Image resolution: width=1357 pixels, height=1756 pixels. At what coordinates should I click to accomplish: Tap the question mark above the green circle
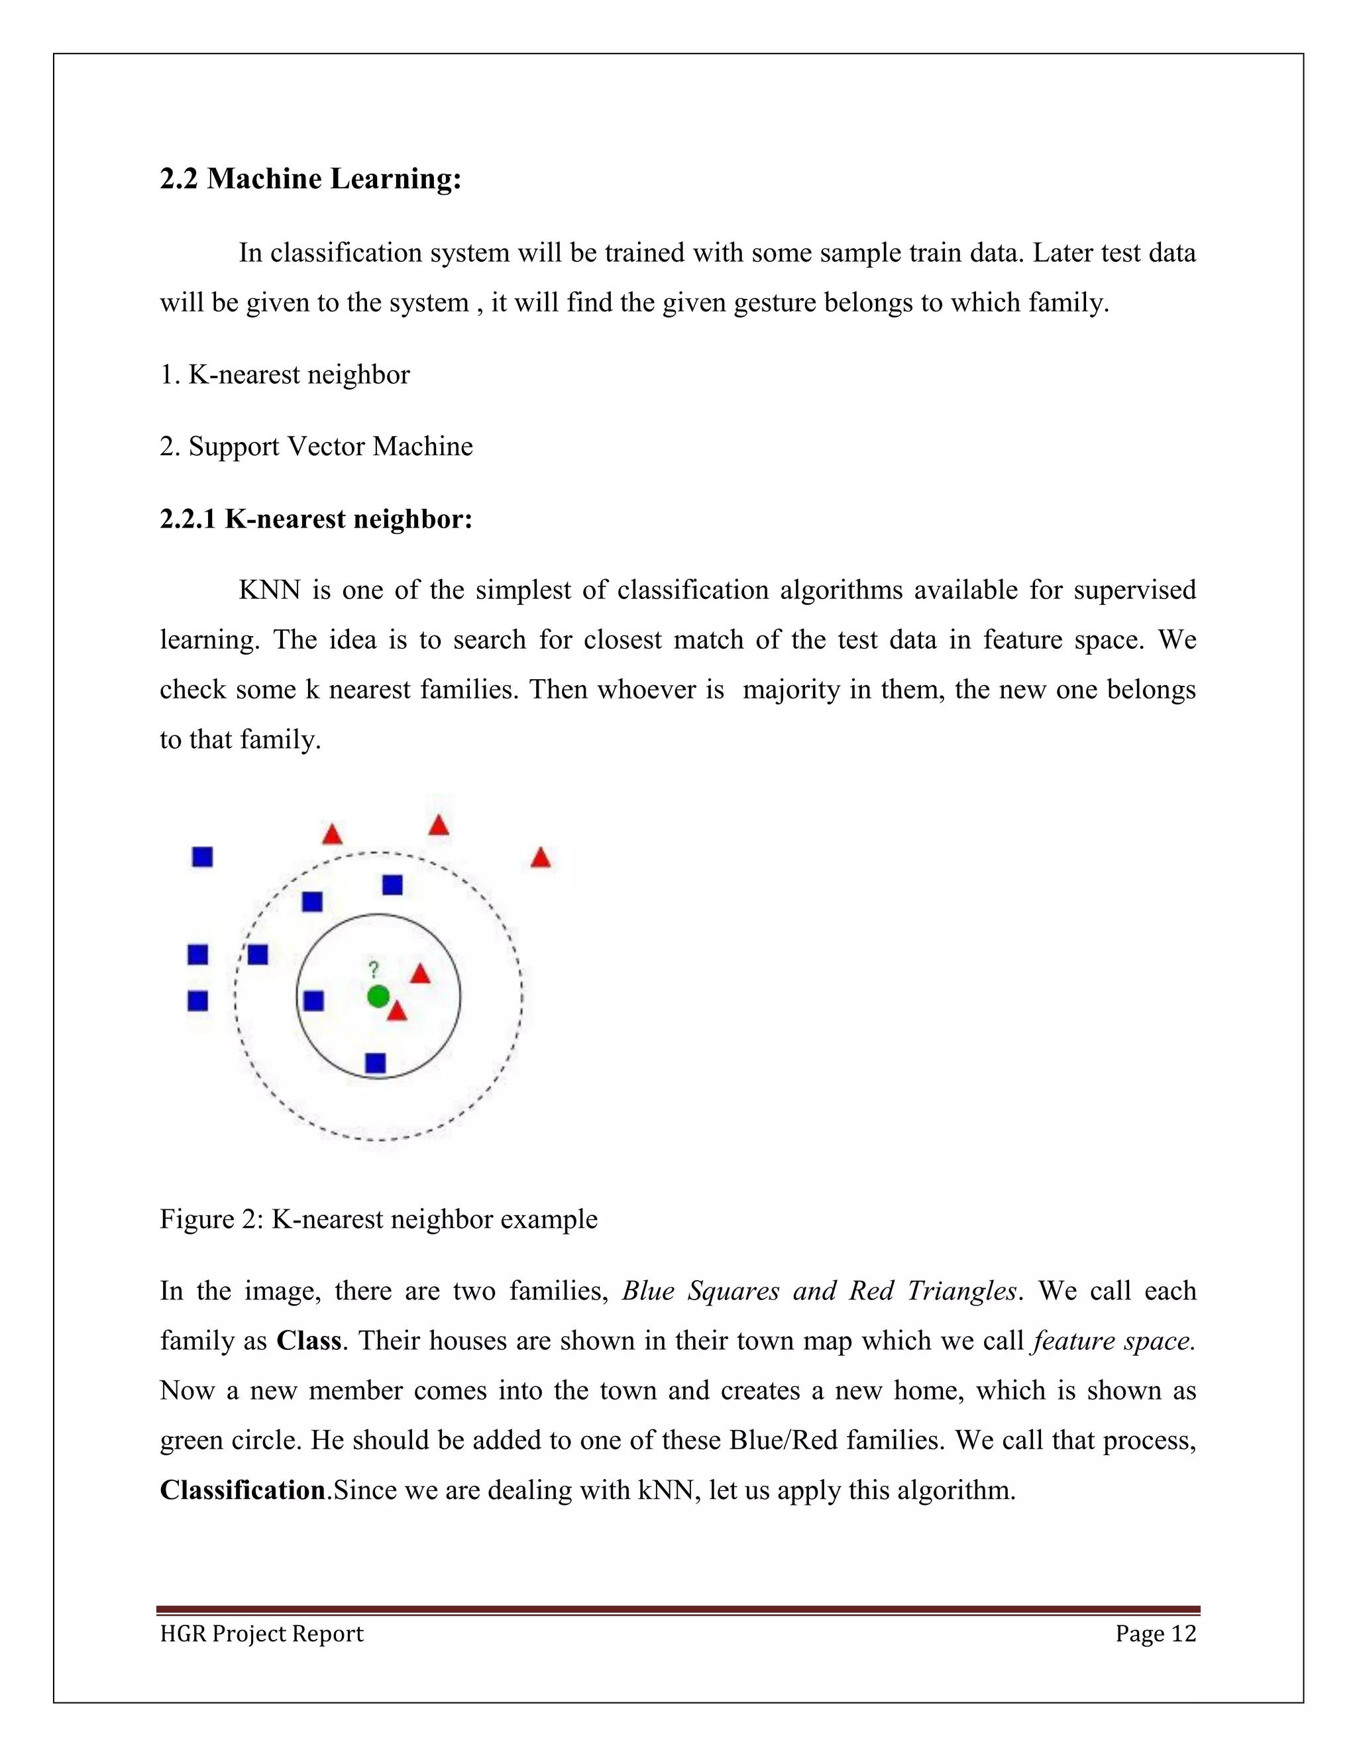click(x=373, y=969)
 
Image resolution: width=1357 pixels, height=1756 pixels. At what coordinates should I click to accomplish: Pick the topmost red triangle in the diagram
click(x=438, y=826)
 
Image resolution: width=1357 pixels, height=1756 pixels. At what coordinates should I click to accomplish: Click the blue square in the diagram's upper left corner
click(x=203, y=857)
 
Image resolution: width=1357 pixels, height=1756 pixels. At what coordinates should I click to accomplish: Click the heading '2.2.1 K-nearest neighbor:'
click(x=316, y=520)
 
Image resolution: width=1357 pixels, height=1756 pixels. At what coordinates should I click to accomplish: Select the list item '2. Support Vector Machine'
click(x=316, y=446)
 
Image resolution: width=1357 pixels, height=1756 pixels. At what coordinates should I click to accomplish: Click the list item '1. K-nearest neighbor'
click(x=284, y=374)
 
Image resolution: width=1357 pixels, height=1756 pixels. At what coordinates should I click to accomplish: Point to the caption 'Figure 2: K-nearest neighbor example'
click(x=378, y=1219)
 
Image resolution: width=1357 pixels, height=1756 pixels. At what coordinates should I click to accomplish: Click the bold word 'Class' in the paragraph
click(x=309, y=1341)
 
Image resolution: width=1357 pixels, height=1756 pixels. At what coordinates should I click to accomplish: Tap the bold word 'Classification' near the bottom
click(x=242, y=1490)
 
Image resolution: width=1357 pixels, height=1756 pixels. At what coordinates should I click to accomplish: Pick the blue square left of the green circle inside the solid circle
click(x=313, y=1001)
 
